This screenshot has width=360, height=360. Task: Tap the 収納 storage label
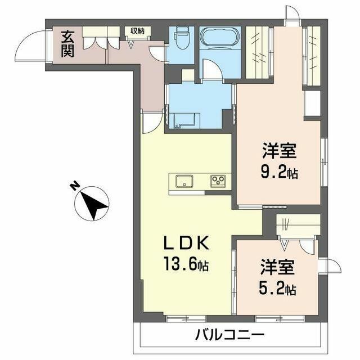pos(137,31)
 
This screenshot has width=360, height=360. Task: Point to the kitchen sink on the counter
pos(184,181)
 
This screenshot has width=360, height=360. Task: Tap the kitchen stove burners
pos(218,181)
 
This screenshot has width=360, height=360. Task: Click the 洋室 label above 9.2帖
pos(279,151)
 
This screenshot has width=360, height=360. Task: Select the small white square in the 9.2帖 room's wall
pos(312,103)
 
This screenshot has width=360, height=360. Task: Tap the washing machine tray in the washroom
pos(184,119)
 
